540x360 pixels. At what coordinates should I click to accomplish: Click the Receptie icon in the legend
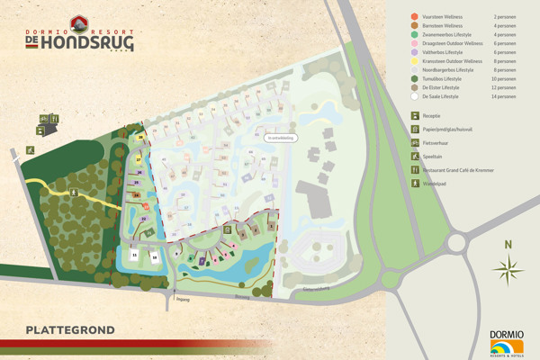[x=415, y=115]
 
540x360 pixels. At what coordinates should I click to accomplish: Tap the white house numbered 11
[x=134, y=256]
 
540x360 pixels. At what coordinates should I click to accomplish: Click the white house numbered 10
[x=155, y=256]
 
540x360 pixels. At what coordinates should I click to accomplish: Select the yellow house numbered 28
[x=141, y=138]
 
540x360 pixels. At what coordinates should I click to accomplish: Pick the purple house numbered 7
[x=202, y=261]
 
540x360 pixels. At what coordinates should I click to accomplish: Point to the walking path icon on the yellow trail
[x=79, y=192]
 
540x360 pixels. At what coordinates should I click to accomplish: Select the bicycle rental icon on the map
[x=42, y=119]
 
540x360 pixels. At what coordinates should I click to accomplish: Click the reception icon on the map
[x=40, y=131]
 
